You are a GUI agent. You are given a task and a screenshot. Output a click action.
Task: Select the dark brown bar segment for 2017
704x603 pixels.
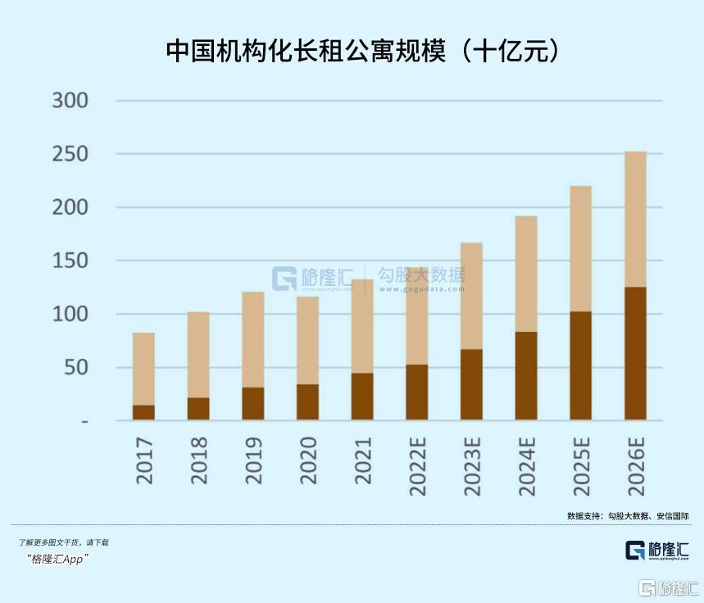[143, 412]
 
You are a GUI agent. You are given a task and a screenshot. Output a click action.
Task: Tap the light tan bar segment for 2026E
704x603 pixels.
[635, 219]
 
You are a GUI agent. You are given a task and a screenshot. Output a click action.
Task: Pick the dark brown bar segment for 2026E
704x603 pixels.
[635, 353]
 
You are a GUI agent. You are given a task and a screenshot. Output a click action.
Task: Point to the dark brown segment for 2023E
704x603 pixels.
[471, 384]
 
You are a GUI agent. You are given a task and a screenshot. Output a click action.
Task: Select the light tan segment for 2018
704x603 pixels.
[198, 354]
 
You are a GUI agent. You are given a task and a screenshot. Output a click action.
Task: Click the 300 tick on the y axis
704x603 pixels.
[70, 101]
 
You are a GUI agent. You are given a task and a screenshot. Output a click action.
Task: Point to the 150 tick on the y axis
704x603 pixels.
[70, 261]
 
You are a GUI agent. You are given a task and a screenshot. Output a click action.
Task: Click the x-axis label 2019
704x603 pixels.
[254, 460]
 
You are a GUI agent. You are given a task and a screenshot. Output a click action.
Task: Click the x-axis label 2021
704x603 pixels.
[363, 460]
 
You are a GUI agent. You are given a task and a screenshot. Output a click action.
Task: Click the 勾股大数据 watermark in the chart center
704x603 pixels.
[420, 276]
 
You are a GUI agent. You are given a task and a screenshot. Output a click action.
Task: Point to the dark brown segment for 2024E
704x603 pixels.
[526, 375]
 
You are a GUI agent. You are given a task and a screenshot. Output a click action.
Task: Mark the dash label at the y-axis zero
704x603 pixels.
[107, 421]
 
